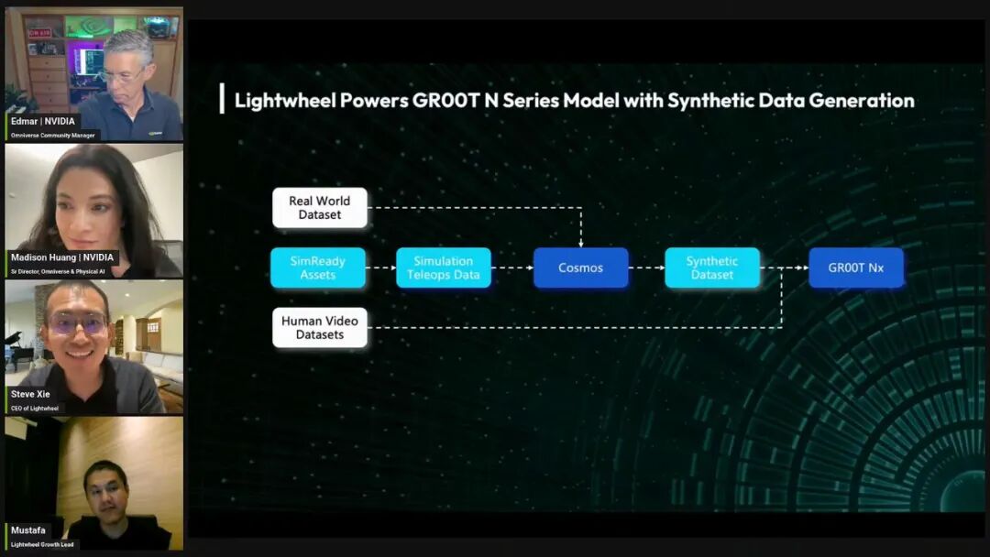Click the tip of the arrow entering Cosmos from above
(581, 246)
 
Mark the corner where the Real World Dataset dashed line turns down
(581, 207)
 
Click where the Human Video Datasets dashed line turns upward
(782, 327)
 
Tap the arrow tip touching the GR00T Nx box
(808, 268)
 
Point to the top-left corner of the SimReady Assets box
(270, 248)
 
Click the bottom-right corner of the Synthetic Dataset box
(760, 289)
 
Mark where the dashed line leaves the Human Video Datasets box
(368, 327)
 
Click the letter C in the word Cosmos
(562, 268)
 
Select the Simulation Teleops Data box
(444, 268)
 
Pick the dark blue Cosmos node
(581, 268)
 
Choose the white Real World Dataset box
(320, 208)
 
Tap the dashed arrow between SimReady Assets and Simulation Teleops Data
(380, 268)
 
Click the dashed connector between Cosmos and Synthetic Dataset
(646, 268)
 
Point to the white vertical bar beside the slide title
(222, 98)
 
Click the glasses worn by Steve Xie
(77, 323)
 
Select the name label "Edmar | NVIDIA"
(43, 121)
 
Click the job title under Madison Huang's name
(58, 271)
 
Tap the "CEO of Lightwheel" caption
(35, 408)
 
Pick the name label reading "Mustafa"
(27, 530)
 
